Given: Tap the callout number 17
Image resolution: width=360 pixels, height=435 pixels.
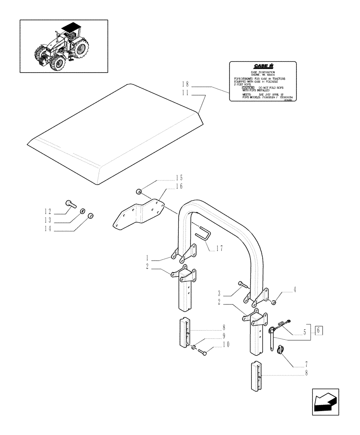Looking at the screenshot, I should coord(220,249).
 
